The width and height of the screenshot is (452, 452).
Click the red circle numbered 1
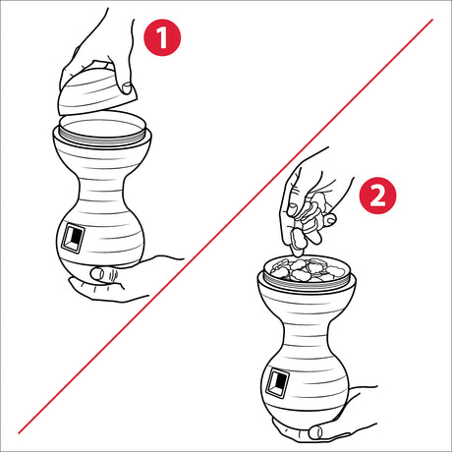coord(162,37)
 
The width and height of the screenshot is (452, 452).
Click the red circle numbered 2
coord(377,196)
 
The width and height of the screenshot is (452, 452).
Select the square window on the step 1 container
coord(73,238)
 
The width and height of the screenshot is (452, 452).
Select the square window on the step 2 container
coord(278,382)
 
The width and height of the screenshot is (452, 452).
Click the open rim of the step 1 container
coord(102,131)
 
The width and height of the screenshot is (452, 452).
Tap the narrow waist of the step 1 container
coord(101,190)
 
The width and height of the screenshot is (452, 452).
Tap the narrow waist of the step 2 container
coord(306,334)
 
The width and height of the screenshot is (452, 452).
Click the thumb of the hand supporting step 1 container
coord(105,274)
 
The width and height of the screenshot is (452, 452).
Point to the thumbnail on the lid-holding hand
coord(126,87)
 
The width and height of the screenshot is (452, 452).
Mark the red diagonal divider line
coord(225,226)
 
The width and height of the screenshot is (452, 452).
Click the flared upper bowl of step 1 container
coord(101,154)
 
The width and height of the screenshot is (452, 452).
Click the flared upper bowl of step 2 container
coord(307,298)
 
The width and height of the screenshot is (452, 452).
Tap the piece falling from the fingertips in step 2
coord(298,241)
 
